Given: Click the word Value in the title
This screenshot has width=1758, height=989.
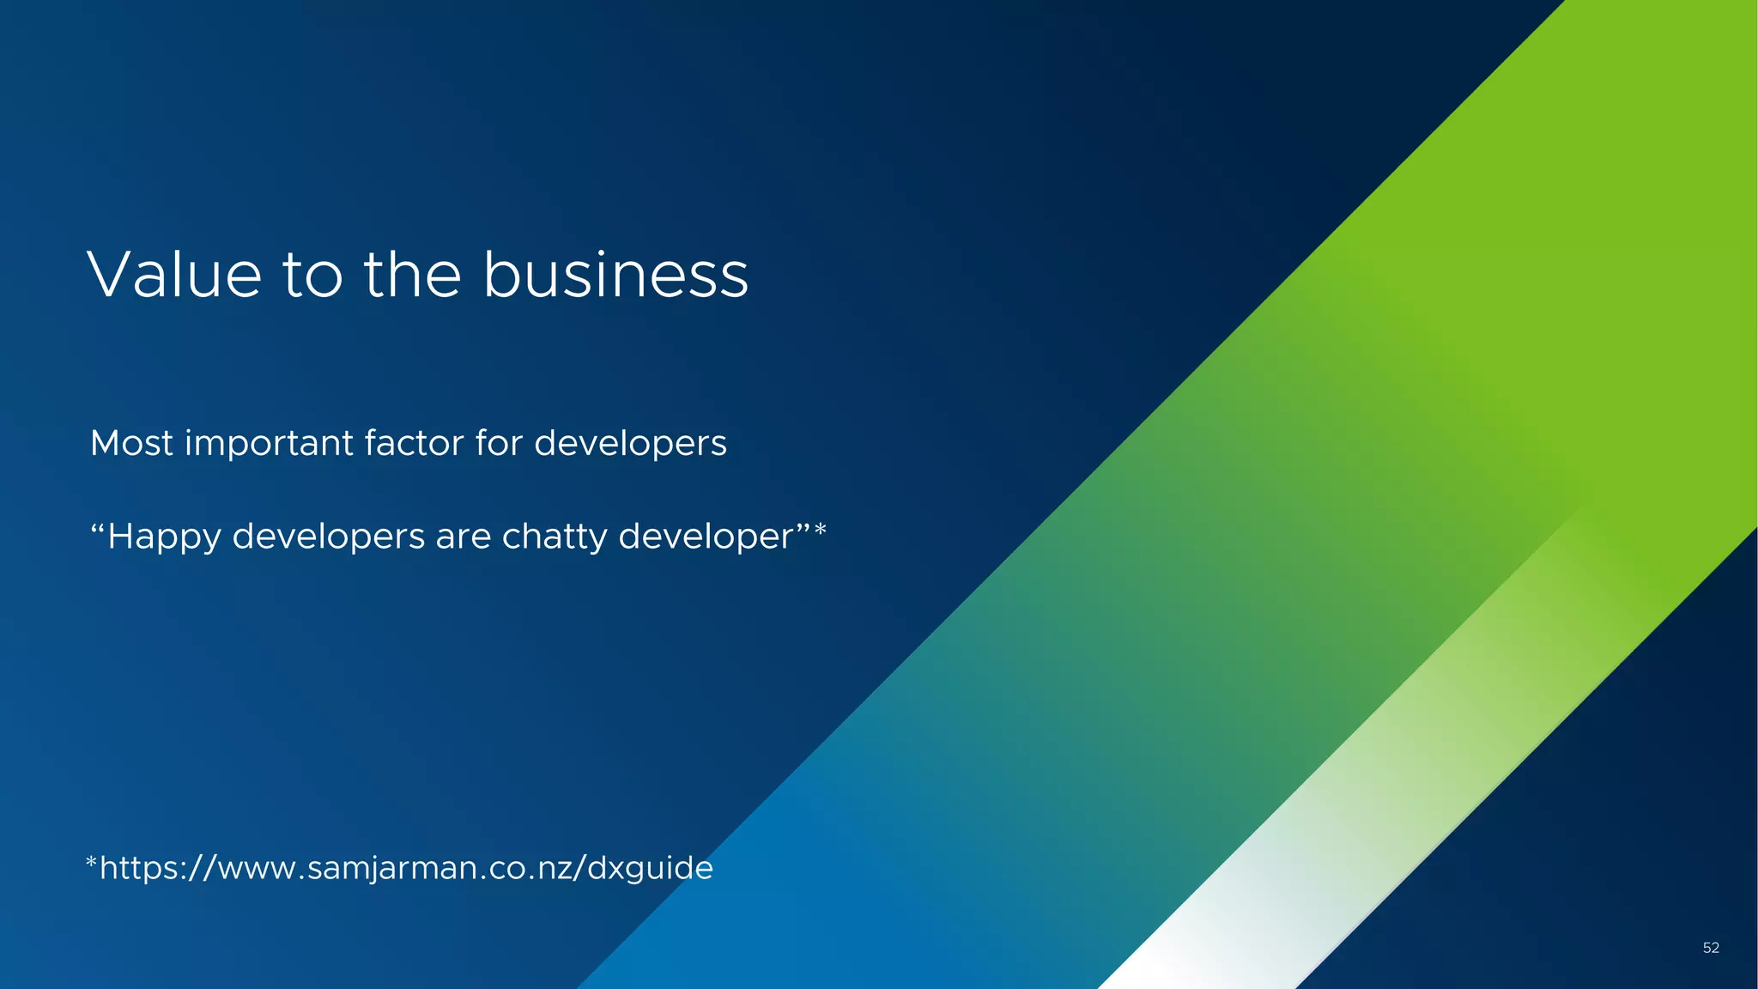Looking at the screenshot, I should pos(174,276).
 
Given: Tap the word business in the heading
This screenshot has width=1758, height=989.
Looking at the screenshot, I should pos(615,276).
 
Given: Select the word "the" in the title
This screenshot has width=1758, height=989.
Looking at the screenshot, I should pos(413,276).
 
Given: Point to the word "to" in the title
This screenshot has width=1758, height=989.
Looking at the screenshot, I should pos(312,277).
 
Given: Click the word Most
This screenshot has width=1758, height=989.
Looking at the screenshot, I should pos(131,444).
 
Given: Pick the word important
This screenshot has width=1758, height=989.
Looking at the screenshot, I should pos(269,445).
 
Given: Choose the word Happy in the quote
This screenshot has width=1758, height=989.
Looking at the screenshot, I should pos(164,537).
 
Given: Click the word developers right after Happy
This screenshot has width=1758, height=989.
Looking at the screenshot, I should pos(329,537).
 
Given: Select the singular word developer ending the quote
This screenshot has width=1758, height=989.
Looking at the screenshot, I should pos(706,537).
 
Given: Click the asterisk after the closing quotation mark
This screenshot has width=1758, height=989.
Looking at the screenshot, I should pos(821,530).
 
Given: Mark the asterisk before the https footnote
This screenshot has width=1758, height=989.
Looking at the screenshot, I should pos(91,862).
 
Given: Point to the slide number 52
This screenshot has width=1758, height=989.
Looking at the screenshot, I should pos(1711,948).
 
